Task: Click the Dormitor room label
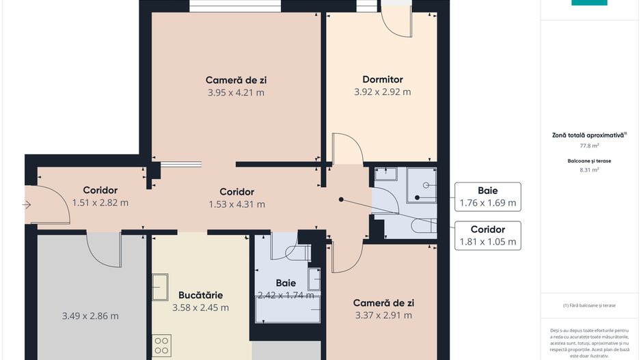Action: click(382, 79)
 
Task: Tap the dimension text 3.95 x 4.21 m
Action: click(236, 92)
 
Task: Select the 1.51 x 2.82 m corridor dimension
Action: click(100, 202)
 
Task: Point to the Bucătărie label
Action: click(200, 295)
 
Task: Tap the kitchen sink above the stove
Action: click(160, 286)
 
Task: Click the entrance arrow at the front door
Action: click(27, 204)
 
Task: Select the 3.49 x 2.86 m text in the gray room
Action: click(90, 316)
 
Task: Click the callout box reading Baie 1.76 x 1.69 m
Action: click(488, 197)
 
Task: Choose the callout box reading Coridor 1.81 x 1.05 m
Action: click(488, 236)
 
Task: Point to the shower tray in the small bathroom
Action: click(422, 185)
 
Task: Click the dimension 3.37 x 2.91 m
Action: click(383, 316)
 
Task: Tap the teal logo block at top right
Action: click(589, 3)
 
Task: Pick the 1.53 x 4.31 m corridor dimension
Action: click(236, 204)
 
